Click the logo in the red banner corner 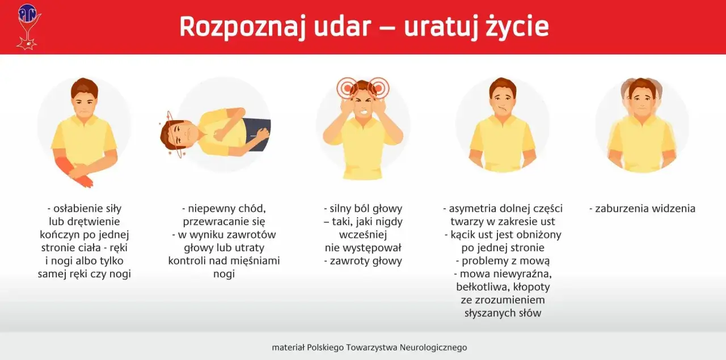pos(27,26)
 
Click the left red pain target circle pos(347,88)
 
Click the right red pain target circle pos(378,88)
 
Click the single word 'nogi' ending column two pos(224,274)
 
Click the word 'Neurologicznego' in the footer pos(433,348)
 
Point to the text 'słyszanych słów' pos(503,314)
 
